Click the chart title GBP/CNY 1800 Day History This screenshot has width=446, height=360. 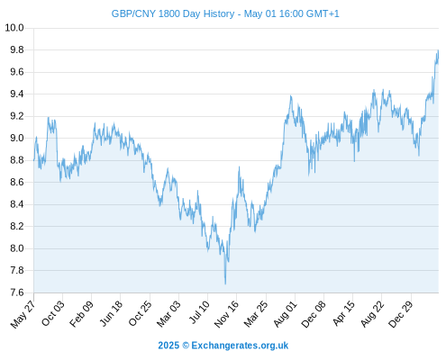tap(173, 13)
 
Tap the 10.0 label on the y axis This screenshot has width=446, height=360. tap(14, 28)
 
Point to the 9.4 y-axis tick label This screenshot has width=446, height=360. tap(17, 94)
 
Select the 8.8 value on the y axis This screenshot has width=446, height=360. tap(17, 160)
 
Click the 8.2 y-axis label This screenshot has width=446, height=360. tap(17, 226)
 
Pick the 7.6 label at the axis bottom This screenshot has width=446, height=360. tap(17, 292)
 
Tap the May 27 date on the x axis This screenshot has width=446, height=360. tap(23, 314)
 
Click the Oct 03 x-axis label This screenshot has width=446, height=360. tap(53, 313)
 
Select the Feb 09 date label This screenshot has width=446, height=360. tap(81, 314)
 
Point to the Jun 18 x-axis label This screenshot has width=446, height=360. tap(111, 313)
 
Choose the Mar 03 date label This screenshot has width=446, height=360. tap(168, 314)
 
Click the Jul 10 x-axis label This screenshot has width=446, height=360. tap(199, 312)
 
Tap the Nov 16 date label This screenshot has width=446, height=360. tap(226, 314)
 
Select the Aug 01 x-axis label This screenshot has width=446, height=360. tap(286, 314)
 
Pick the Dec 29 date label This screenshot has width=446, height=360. tap(401, 314)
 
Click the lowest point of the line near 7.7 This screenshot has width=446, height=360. tap(225, 283)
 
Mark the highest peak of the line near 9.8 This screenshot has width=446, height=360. tap(438, 50)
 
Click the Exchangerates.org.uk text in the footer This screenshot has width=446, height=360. tap(240, 346)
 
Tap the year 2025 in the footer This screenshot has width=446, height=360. tap(168, 346)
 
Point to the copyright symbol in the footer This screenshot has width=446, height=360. tap(186, 346)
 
